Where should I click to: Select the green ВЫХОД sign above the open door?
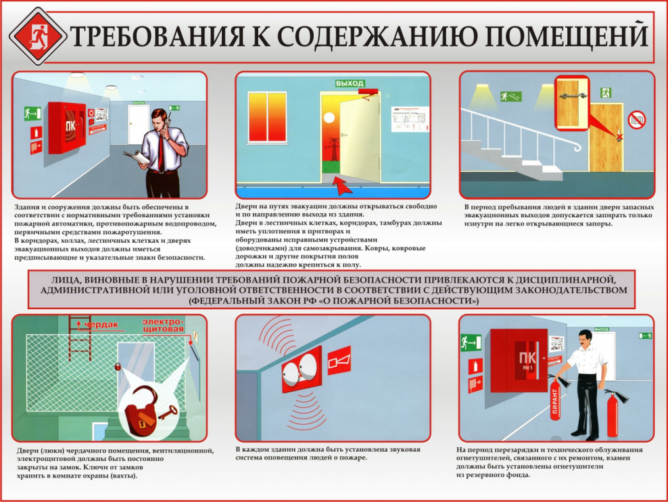(350, 83)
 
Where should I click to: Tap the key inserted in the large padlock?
(165, 411)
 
